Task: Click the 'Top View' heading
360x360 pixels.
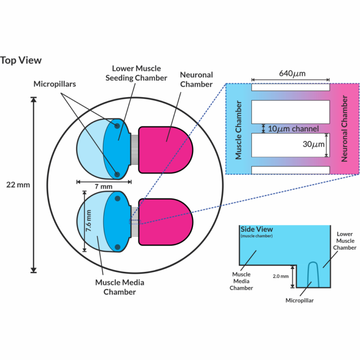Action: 21,60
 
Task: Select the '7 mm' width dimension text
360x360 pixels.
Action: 104,187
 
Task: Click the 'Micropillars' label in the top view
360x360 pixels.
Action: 55,84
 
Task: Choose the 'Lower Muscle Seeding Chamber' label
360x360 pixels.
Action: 139,73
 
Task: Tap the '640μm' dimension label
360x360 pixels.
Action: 291,74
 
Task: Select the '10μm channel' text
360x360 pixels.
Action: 293,128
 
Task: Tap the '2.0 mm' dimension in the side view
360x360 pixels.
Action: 281,277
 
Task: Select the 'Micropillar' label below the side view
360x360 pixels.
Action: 300,300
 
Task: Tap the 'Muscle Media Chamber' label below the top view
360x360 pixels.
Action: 120,287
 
